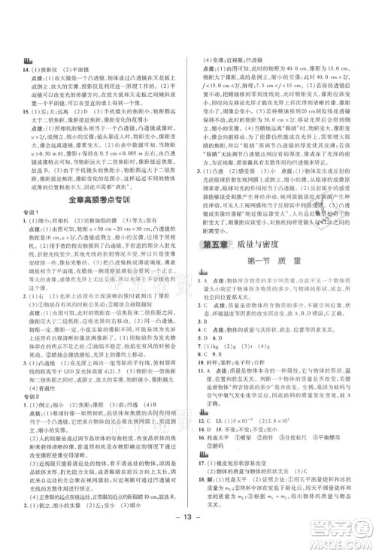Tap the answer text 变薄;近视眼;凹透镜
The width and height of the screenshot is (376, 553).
[238, 60]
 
